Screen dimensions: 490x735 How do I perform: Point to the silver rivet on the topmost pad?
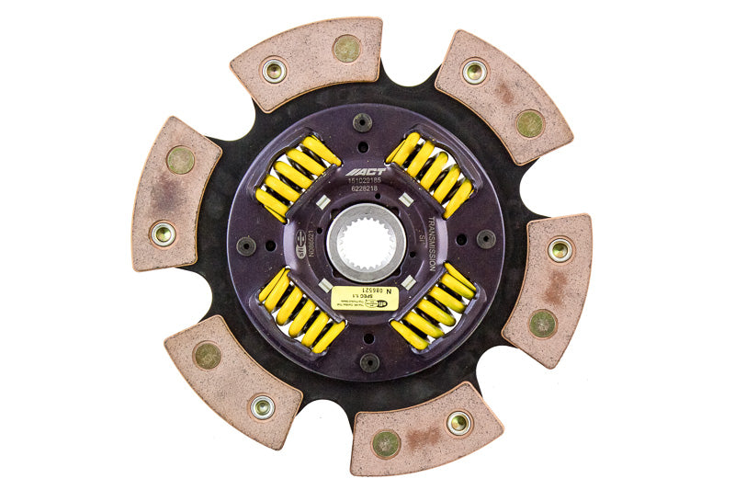click(x=274, y=70)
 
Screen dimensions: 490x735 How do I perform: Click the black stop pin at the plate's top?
click(x=363, y=121)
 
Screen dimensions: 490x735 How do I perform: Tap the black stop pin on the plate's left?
click(x=246, y=245)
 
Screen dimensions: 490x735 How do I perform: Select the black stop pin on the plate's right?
click(x=486, y=239)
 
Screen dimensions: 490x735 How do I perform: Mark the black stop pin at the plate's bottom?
click(x=369, y=362)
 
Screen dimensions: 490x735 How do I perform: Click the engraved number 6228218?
click(x=367, y=190)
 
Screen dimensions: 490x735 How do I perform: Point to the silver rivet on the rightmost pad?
click(x=560, y=249)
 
